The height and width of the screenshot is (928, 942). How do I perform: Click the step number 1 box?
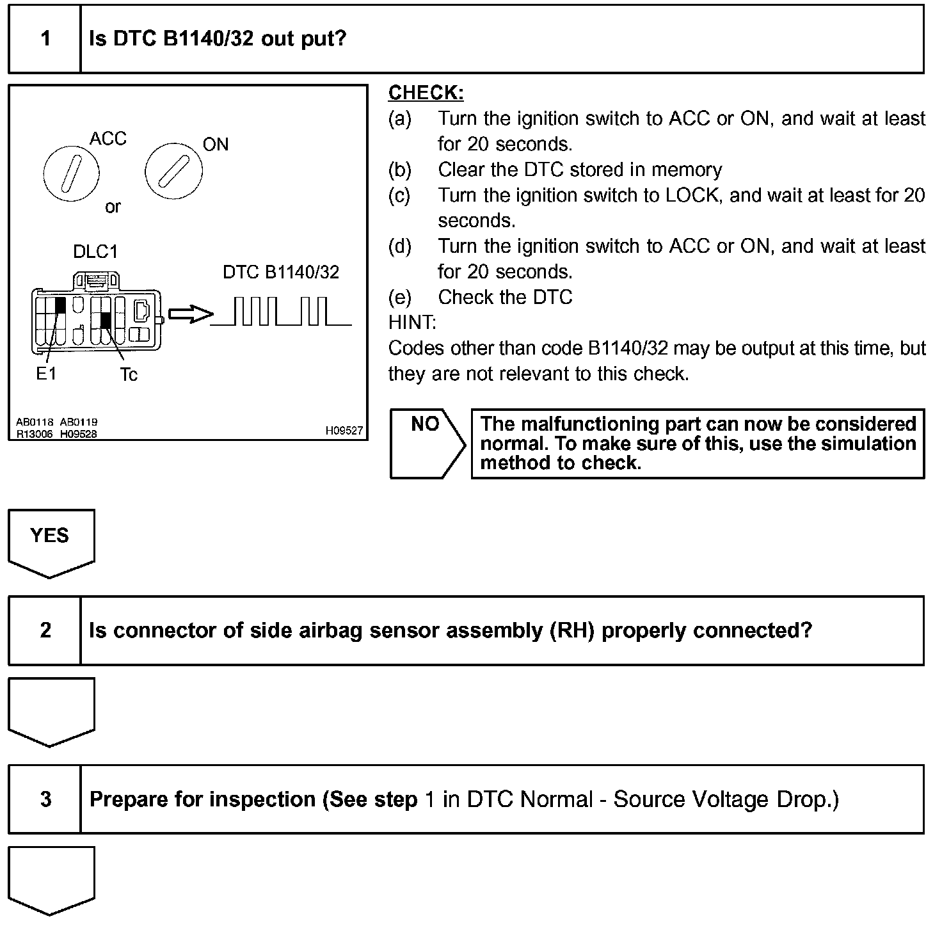(45, 39)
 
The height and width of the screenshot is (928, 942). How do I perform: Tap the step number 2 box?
(45, 630)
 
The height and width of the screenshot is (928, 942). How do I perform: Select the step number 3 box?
(45, 799)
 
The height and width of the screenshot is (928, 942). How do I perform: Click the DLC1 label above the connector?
(95, 252)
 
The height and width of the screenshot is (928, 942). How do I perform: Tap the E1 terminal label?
(46, 374)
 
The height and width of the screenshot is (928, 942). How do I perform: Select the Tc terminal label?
(128, 375)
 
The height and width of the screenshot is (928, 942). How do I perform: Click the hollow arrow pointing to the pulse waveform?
(190, 314)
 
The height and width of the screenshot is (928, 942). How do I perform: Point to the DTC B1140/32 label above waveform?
(281, 273)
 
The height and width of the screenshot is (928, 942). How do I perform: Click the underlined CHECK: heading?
(426, 93)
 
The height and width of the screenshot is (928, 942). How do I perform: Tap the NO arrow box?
(427, 443)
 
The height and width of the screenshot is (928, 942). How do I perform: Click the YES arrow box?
(51, 541)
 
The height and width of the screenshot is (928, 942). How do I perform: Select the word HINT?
(411, 323)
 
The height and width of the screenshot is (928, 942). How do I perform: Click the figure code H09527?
(344, 431)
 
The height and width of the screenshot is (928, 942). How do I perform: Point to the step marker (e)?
(399, 298)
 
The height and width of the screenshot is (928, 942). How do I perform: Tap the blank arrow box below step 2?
(51, 710)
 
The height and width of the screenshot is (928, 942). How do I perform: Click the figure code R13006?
(35, 434)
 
